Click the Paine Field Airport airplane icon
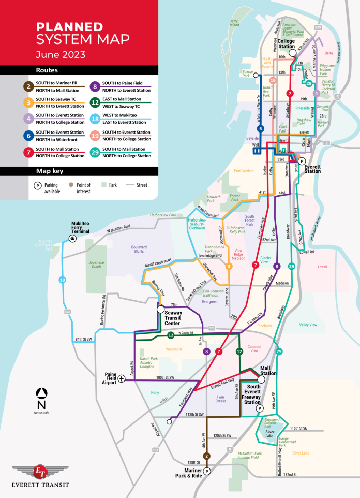[122, 378]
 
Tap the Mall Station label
[267, 370]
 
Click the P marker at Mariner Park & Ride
[206, 471]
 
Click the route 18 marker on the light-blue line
[62, 280]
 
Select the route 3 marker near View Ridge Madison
[229, 266]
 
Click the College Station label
[286, 43]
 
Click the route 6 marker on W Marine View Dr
[261, 128]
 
